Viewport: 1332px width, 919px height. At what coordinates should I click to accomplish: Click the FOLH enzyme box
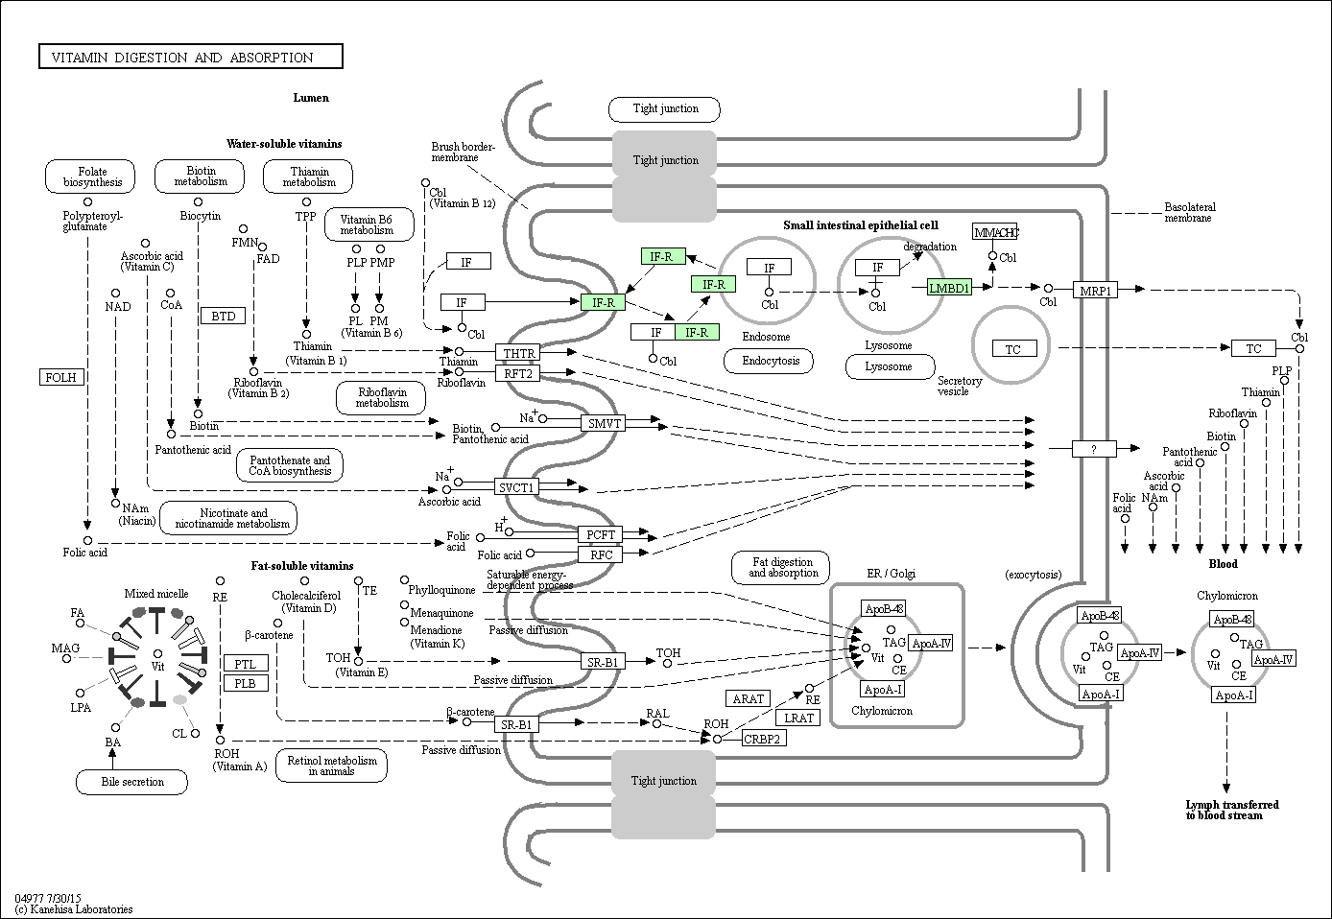[x=60, y=377]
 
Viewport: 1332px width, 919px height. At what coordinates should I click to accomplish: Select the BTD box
[x=223, y=316]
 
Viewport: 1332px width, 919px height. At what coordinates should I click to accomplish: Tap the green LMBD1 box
[x=949, y=287]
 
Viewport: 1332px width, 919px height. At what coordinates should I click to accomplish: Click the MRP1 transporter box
[x=1094, y=289]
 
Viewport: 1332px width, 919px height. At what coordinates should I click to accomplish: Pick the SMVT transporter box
[x=604, y=422]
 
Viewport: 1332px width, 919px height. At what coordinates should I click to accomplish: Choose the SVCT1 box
[x=516, y=487]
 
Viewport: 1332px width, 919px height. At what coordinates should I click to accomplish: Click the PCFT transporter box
[x=600, y=534]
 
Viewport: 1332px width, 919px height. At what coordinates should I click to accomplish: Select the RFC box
[x=600, y=554]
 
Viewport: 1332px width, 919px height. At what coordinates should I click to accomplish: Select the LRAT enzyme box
[x=798, y=718]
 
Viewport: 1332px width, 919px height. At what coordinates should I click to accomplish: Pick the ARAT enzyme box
[x=748, y=698]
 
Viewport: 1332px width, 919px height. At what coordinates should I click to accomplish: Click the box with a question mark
[x=1094, y=448]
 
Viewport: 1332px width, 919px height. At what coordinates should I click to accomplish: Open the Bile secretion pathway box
[x=132, y=782]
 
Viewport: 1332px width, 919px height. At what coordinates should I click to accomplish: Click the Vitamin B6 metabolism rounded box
[x=369, y=224]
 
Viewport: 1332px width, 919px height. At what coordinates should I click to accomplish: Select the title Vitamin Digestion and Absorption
[x=190, y=58]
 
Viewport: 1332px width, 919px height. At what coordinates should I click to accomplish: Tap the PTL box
[x=245, y=663]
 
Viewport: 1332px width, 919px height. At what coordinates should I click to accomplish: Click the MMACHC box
[x=994, y=232]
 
